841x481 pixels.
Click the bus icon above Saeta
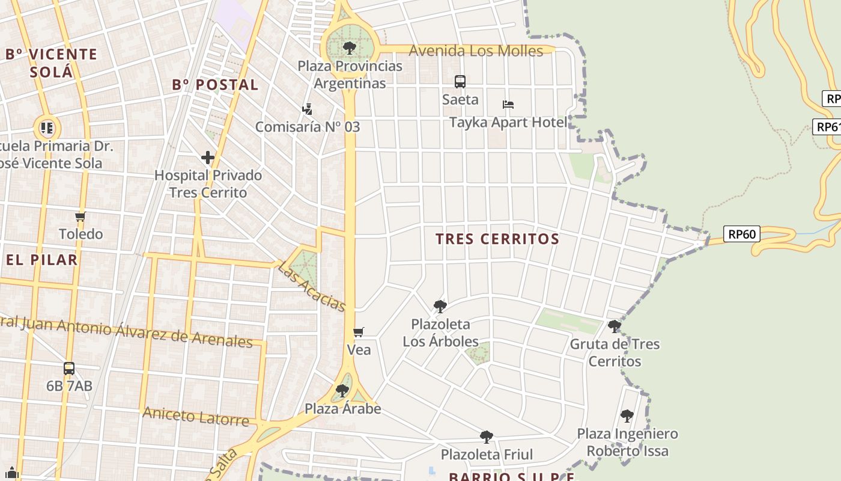tap(460, 81)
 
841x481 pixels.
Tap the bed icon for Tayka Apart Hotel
tap(508, 105)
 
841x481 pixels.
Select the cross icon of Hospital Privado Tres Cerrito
tap(208, 158)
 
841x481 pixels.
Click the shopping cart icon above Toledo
tap(80, 216)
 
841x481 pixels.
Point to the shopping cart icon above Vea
tap(359, 332)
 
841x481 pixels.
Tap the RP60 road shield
tap(742, 234)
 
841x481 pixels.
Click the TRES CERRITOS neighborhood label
tap(497, 239)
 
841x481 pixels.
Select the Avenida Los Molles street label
tap(476, 51)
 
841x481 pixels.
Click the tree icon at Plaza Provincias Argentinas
tap(349, 47)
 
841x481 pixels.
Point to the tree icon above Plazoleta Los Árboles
tap(440, 307)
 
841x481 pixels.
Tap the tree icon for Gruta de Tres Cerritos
tap(614, 326)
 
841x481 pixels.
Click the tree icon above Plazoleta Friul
tap(487, 437)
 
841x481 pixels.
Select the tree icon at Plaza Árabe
tap(342, 391)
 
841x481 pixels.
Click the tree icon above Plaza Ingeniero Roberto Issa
tap(627, 415)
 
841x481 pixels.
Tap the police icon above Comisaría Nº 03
tap(307, 109)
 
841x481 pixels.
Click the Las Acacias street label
tap(312, 287)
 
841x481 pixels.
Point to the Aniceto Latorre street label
tap(195, 416)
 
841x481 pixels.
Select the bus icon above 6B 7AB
tap(69, 368)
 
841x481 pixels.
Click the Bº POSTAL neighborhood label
tap(215, 85)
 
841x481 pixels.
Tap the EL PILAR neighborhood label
tap(42, 260)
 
